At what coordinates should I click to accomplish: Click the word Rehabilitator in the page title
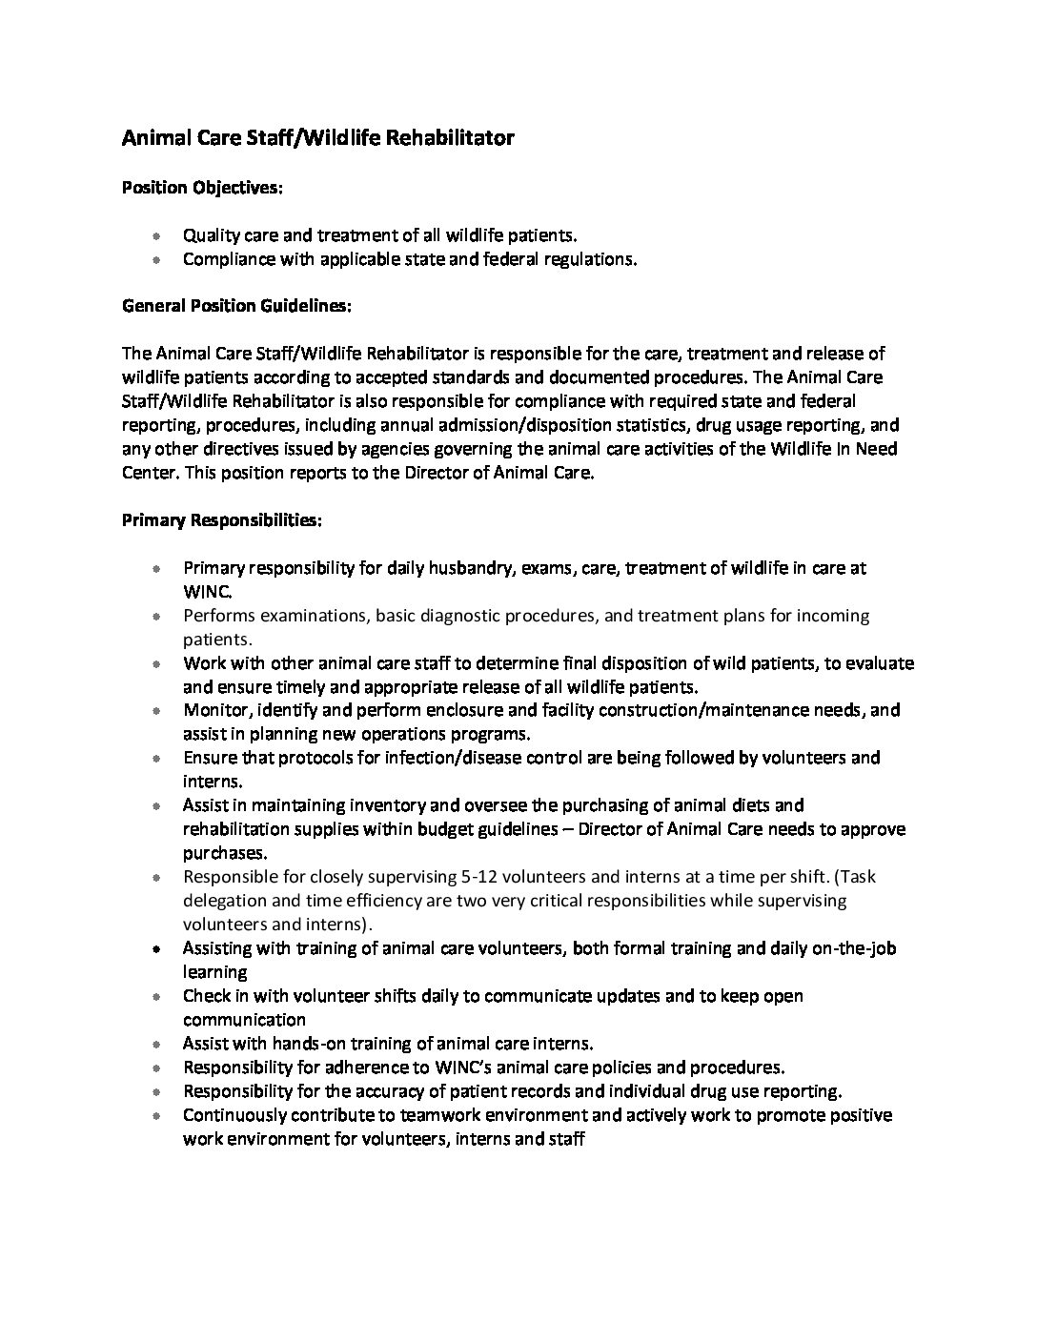click(x=449, y=138)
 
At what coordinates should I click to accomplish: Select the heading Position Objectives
click(x=202, y=188)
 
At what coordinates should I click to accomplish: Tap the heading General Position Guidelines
click(x=237, y=306)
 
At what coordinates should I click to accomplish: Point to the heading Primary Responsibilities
click(x=222, y=520)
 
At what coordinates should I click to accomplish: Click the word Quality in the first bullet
click(x=211, y=235)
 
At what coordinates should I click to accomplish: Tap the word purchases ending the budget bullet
click(x=223, y=853)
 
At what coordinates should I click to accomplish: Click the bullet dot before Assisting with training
click(x=155, y=949)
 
